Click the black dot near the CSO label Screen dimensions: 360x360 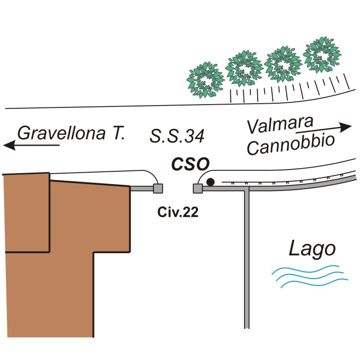210,182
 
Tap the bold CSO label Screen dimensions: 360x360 191,164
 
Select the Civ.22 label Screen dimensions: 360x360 178,212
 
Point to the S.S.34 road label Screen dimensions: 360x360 177,136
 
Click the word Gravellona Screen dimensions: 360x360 62,133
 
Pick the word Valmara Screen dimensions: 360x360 280,125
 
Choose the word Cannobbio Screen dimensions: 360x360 291,145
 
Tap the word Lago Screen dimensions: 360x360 312,249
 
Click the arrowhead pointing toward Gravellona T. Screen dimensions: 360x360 9,145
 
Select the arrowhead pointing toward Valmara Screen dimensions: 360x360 345,127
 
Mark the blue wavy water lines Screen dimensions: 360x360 310,276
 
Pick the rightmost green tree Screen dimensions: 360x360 322,55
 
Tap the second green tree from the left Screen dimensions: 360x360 244,69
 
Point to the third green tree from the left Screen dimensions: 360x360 283,64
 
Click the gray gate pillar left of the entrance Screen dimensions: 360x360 158,189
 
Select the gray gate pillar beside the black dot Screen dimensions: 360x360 198,189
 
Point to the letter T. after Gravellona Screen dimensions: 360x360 119,132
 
